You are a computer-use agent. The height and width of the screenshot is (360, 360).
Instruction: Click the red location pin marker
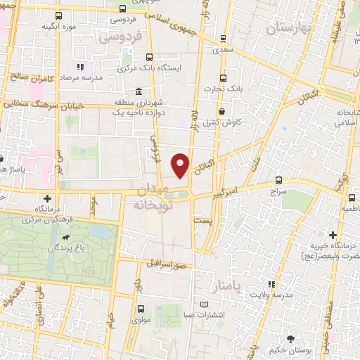[181, 165]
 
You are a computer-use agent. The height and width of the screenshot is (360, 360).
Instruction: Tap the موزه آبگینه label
[58, 26]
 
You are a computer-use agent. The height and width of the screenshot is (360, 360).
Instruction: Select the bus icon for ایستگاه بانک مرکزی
[148, 58]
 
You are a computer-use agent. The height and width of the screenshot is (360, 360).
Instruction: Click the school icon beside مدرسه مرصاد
[79, 67]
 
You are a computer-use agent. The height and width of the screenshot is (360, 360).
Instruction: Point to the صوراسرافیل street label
[169, 264]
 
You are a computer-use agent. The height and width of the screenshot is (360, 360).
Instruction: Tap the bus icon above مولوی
[141, 309]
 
